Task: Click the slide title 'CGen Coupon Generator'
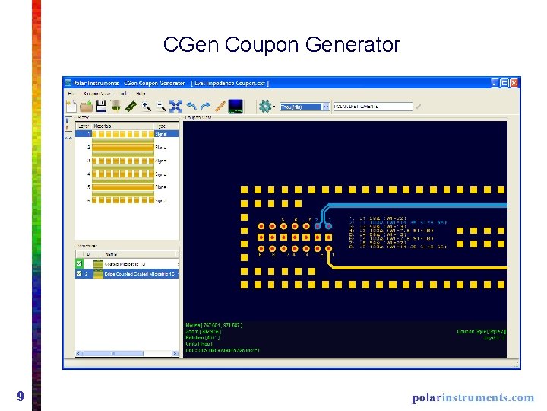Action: point(281,45)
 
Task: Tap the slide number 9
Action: point(21,396)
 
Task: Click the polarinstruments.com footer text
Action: point(473,397)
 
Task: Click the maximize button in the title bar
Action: point(504,83)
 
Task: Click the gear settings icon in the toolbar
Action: point(265,107)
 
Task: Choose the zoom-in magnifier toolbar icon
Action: point(145,107)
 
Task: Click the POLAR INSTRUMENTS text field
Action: point(372,107)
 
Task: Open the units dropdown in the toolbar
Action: point(304,107)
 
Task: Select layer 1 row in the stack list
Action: point(126,133)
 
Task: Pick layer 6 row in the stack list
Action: point(126,201)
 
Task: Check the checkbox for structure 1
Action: point(80,263)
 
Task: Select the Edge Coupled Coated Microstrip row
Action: point(133,273)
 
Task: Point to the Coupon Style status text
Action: point(481,331)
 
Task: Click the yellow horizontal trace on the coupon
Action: point(425,268)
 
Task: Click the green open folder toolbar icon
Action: point(86,107)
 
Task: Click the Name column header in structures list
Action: point(112,254)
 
